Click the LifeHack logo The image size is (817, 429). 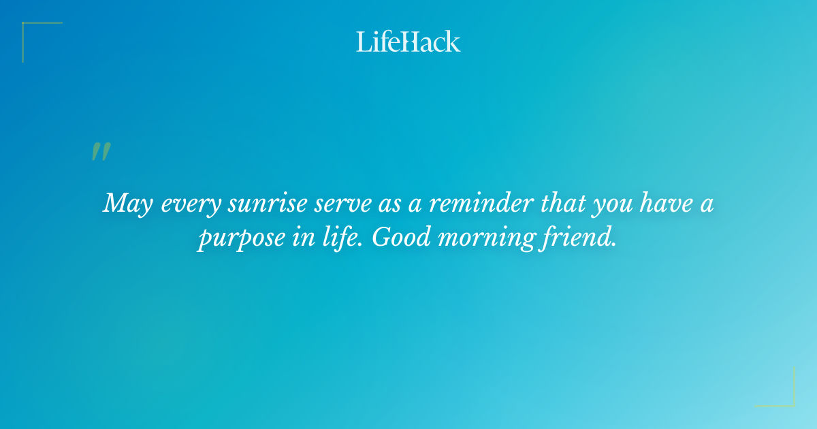[408, 42]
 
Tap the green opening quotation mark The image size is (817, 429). [101, 152]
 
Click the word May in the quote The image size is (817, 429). [129, 204]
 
